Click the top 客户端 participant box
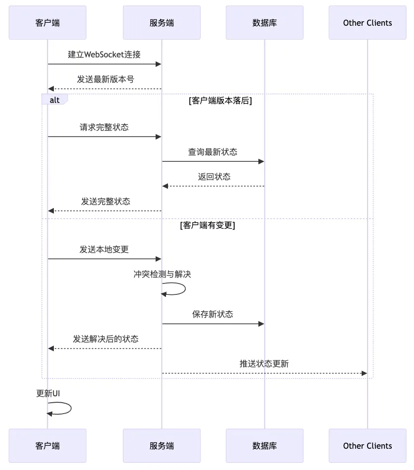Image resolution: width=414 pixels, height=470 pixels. (47, 23)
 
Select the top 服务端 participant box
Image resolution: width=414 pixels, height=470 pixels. (162, 23)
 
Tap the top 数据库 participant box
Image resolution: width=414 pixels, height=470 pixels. (264, 23)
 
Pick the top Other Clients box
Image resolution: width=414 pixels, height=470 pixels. (367, 23)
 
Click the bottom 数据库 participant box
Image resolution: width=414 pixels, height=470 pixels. (264, 446)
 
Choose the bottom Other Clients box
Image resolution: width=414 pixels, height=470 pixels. (367, 446)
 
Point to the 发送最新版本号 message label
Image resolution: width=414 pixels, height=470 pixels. (105, 79)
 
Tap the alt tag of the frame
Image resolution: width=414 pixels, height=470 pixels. (54, 100)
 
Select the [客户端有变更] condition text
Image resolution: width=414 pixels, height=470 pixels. (207, 226)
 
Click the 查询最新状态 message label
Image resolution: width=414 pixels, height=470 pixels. (212, 152)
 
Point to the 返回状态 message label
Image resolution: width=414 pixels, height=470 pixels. (214, 177)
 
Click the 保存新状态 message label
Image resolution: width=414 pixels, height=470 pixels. (212, 314)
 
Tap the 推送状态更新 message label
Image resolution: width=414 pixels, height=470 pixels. (264, 364)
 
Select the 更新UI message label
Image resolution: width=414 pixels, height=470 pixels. (48, 393)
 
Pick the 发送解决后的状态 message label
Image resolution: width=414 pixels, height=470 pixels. (106, 339)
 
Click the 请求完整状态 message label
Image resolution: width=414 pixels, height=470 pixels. (104, 128)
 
